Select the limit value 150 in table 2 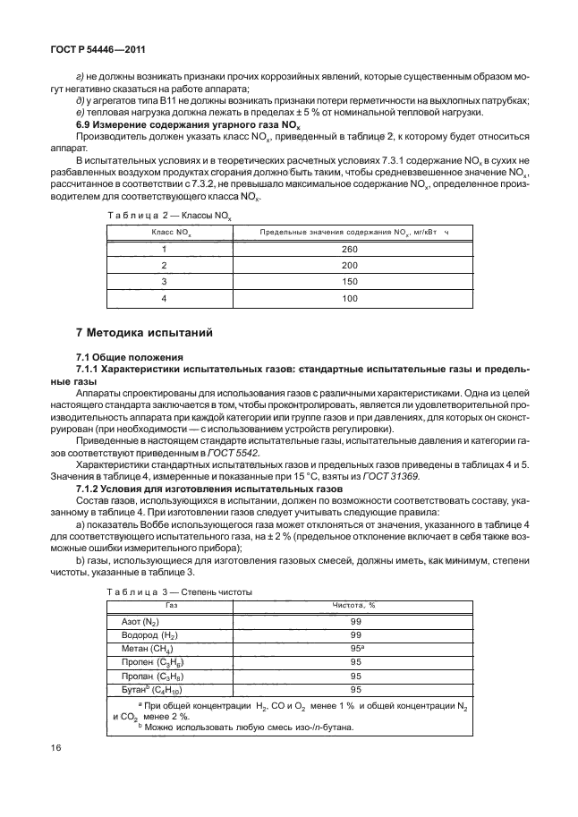(349, 280)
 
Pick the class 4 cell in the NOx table (165, 297)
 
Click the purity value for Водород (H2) (355, 634)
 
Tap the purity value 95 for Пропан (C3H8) (355, 676)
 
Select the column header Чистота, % (355, 606)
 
